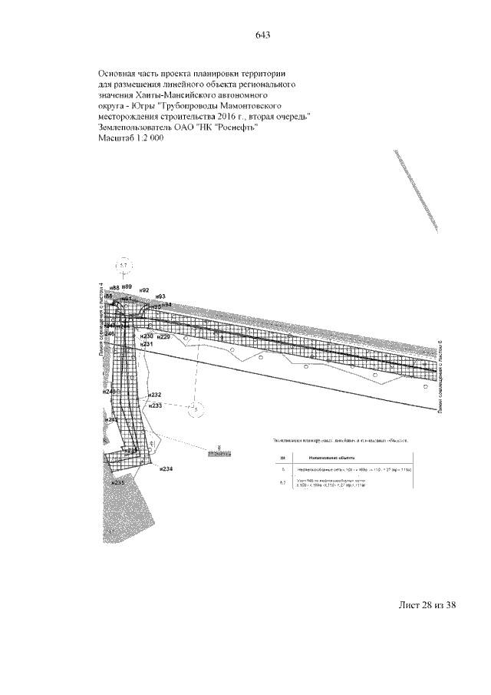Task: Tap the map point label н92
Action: (143, 291)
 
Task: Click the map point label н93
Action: (160, 296)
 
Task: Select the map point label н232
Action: (154, 395)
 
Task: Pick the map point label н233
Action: (156, 405)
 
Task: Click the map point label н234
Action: (166, 469)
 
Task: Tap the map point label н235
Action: (117, 483)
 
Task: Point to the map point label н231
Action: (147, 345)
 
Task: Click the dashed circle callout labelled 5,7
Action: (123, 266)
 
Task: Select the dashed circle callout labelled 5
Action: (196, 410)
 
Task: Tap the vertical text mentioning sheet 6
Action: (440, 377)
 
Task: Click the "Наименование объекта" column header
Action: (335, 455)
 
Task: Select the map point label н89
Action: (127, 286)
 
